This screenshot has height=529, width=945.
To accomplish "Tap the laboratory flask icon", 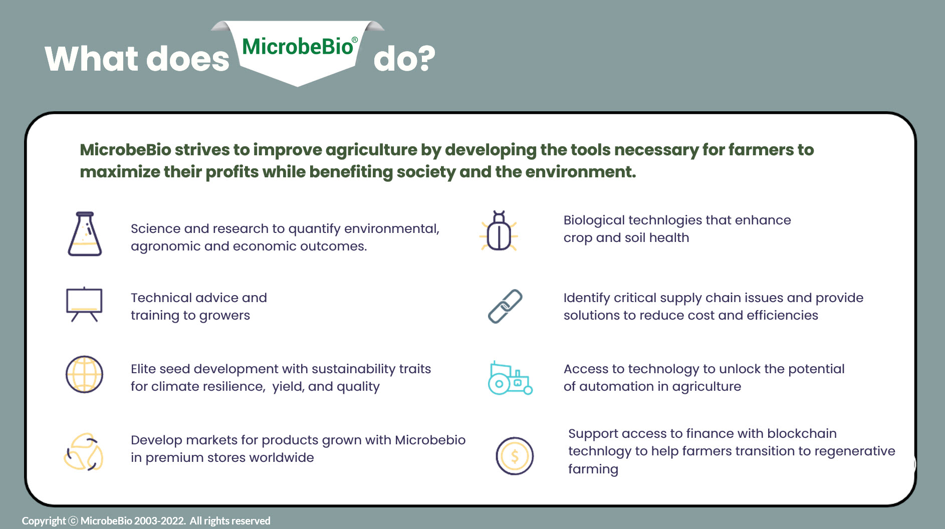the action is click(x=85, y=234).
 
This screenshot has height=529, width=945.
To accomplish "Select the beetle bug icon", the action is click(x=499, y=231).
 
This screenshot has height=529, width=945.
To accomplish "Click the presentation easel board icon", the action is click(x=84, y=305).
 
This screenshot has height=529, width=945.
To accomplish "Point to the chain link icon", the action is click(x=505, y=306).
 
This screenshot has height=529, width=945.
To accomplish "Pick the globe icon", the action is click(x=84, y=374).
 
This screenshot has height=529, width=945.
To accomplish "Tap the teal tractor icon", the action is click(x=510, y=378).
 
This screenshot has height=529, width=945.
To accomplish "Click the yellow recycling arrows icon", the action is click(x=84, y=452).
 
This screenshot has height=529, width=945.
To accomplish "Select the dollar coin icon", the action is click(x=515, y=456).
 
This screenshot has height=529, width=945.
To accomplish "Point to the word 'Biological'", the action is click(x=594, y=220).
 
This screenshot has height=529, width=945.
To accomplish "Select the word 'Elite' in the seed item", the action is click(x=142, y=369).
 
